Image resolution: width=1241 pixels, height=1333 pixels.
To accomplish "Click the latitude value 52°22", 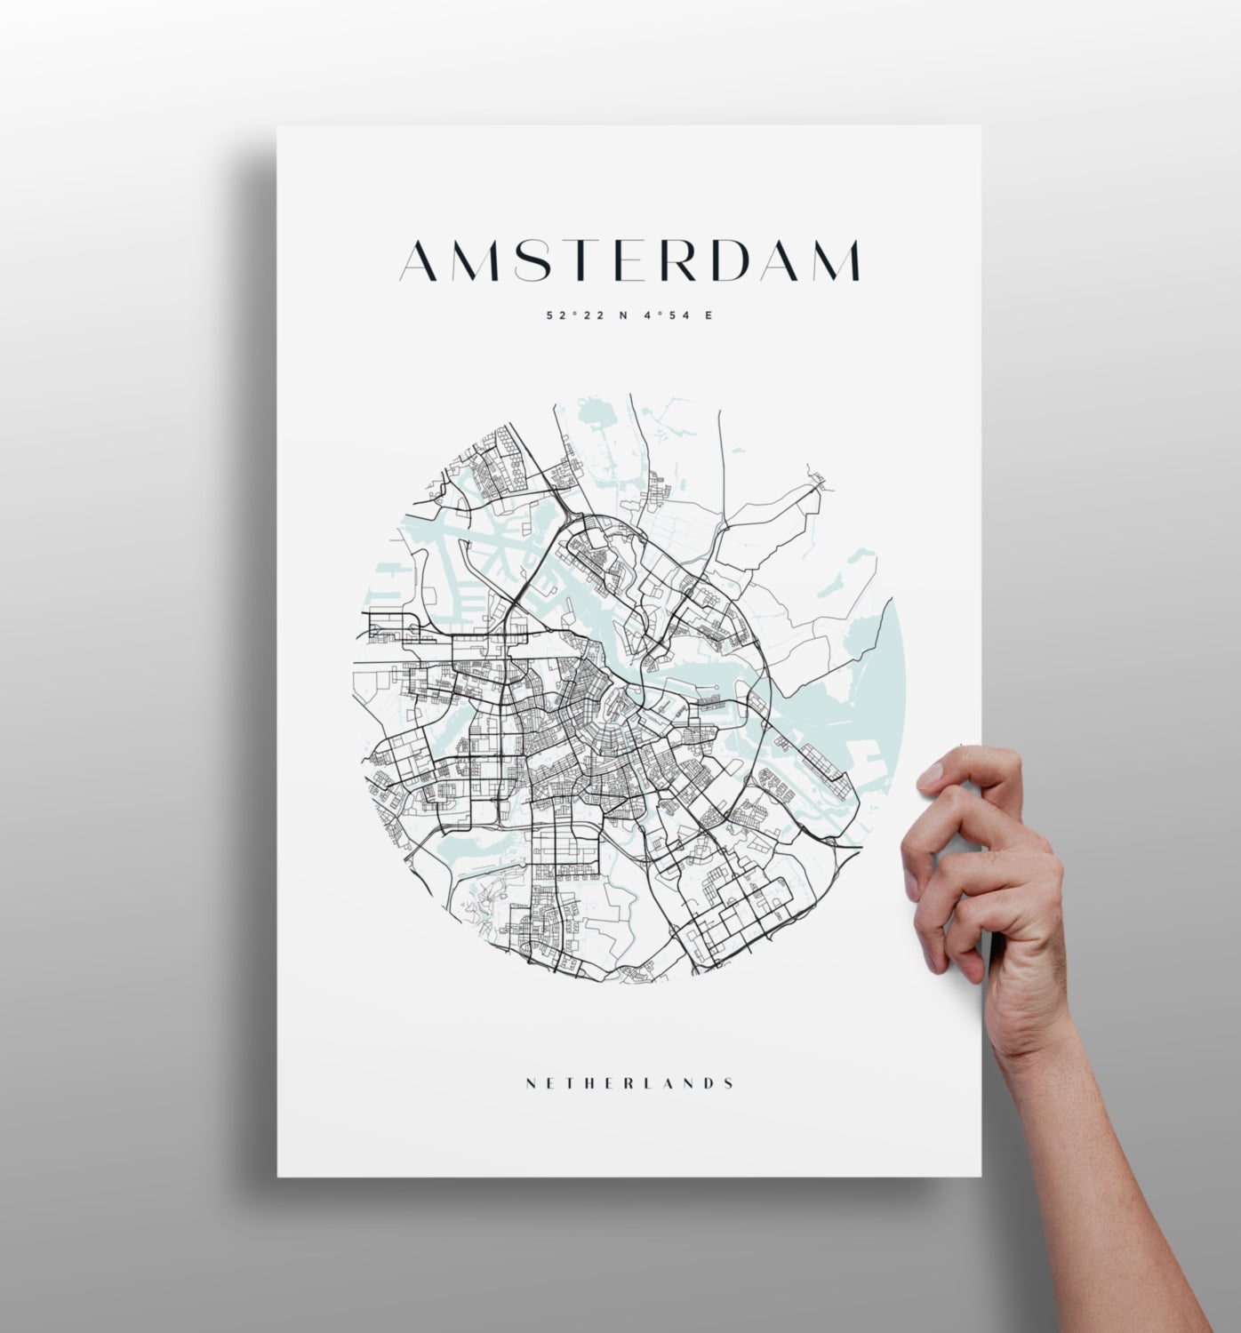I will pos(574,315).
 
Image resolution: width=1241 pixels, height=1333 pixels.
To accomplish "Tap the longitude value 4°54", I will pos(666,315).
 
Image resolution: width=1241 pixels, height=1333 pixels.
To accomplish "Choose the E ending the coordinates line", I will pos(709,315).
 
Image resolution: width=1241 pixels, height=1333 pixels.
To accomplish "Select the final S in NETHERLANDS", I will pos(729,1083).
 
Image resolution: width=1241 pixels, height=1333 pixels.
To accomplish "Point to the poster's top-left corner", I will pos(278,127).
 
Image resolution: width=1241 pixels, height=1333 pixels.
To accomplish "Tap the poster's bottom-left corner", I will pos(278,1175).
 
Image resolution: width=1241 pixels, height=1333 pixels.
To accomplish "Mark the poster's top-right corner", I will pos(980,127).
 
